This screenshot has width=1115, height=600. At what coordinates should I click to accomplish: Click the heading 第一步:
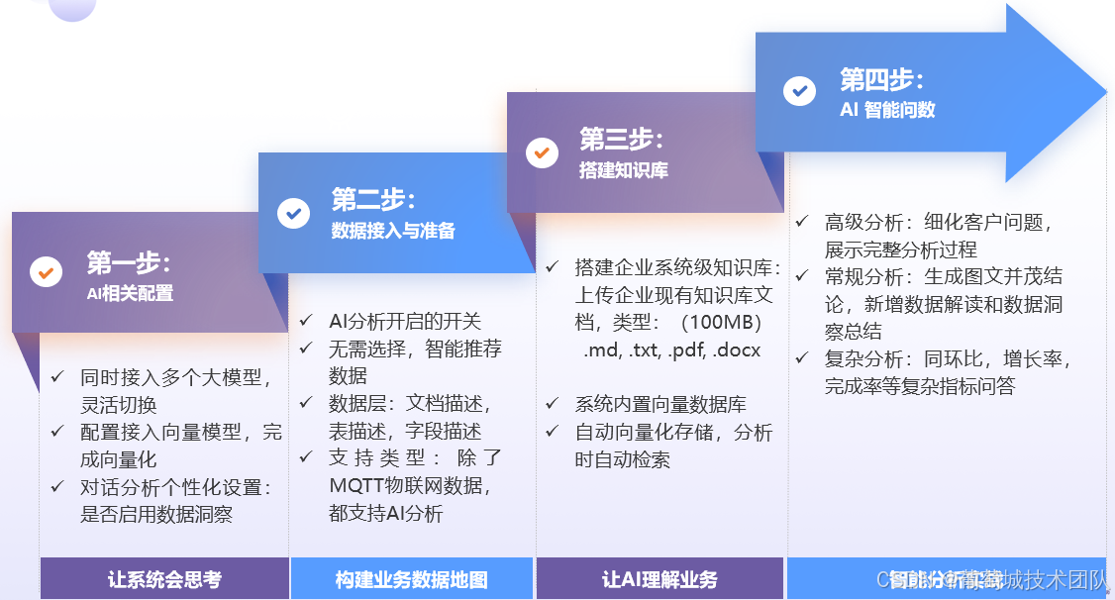click(x=129, y=263)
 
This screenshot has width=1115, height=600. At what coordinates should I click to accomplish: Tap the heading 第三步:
click(x=621, y=140)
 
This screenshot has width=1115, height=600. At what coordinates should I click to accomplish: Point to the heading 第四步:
click(x=882, y=79)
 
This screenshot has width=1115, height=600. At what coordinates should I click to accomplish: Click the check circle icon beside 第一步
click(x=47, y=271)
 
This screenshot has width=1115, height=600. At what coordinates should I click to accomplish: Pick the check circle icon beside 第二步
click(x=293, y=212)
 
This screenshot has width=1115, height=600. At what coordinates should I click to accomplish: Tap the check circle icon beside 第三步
click(x=542, y=152)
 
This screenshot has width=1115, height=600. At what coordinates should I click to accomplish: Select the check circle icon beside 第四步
click(x=799, y=90)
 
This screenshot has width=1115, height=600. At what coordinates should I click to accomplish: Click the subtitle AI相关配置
click(x=130, y=293)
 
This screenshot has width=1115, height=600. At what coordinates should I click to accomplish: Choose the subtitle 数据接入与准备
click(x=393, y=232)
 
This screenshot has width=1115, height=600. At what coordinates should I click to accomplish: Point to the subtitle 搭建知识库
click(x=624, y=170)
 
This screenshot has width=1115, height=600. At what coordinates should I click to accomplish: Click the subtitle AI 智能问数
click(x=887, y=110)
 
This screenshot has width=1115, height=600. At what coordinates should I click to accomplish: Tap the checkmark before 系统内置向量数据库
click(x=553, y=404)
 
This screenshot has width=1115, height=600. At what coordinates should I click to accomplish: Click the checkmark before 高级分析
click(x=802, y=222)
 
